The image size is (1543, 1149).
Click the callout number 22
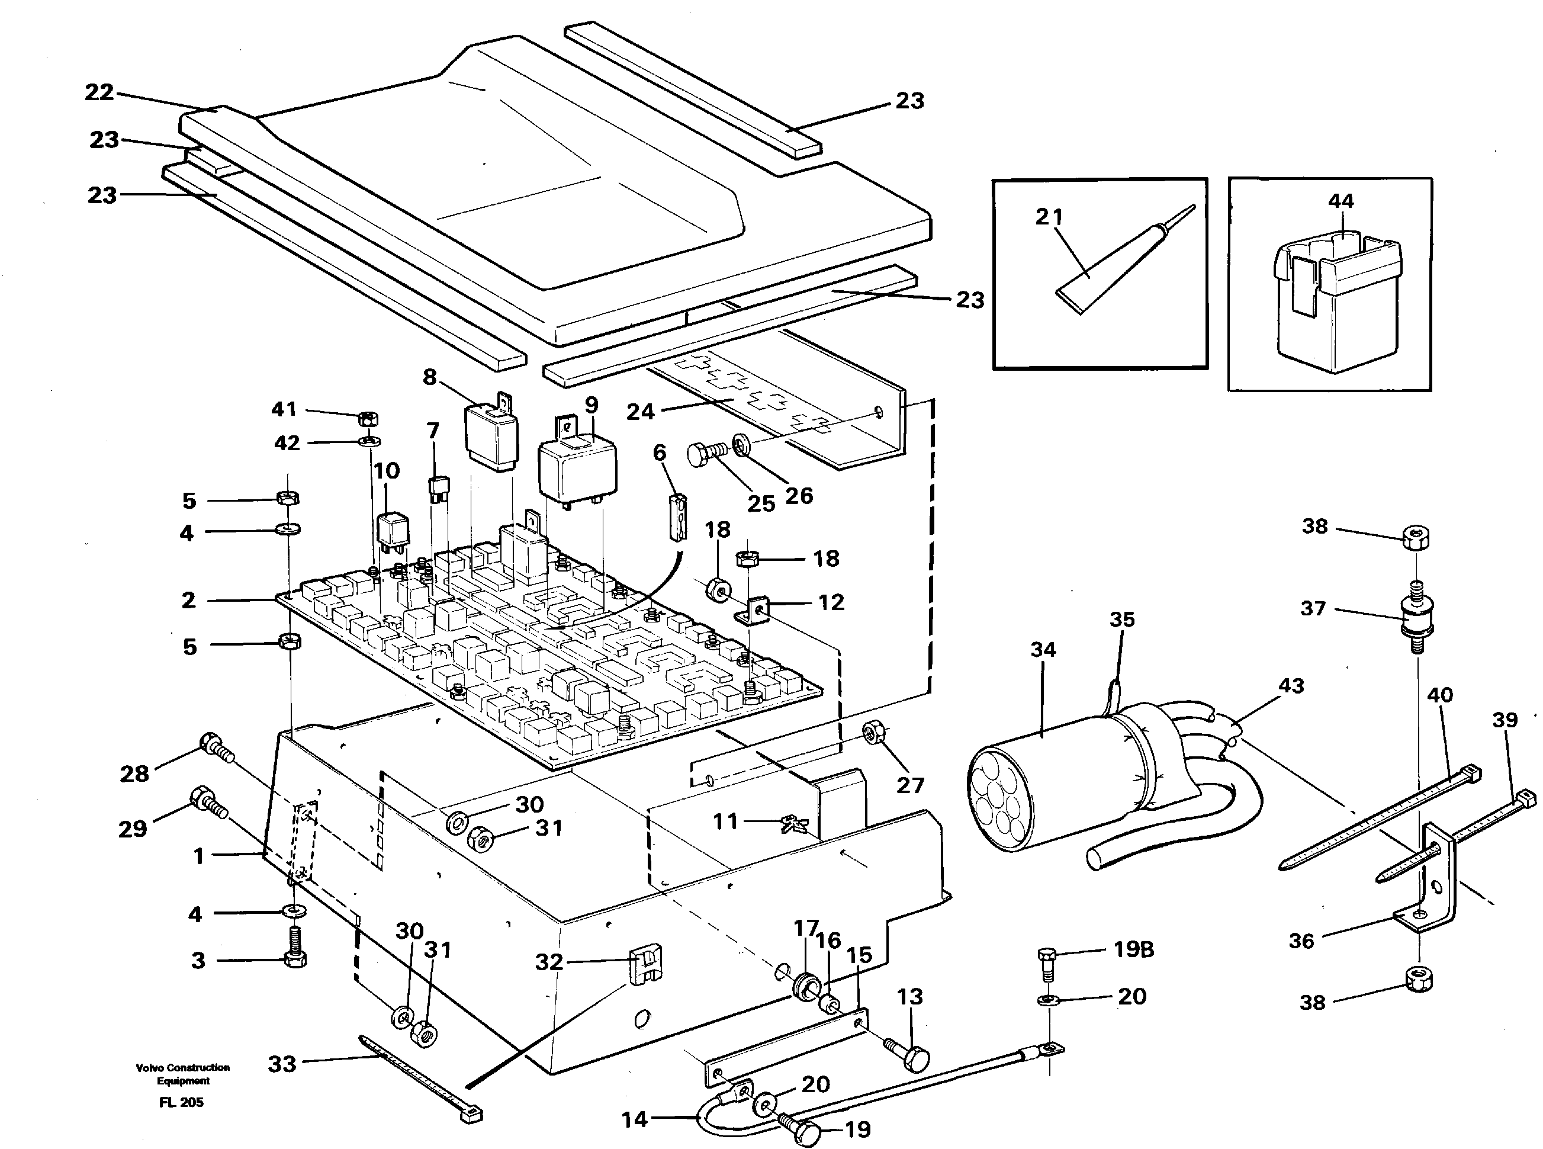click(99, 92)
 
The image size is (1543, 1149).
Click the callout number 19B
click(1133, 949)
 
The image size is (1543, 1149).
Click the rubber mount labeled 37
click(1412, 618)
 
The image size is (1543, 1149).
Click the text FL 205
click(181, 1102)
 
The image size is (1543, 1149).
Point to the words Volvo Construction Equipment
click(183, 1074)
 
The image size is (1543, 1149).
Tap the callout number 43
click(1291, 686)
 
